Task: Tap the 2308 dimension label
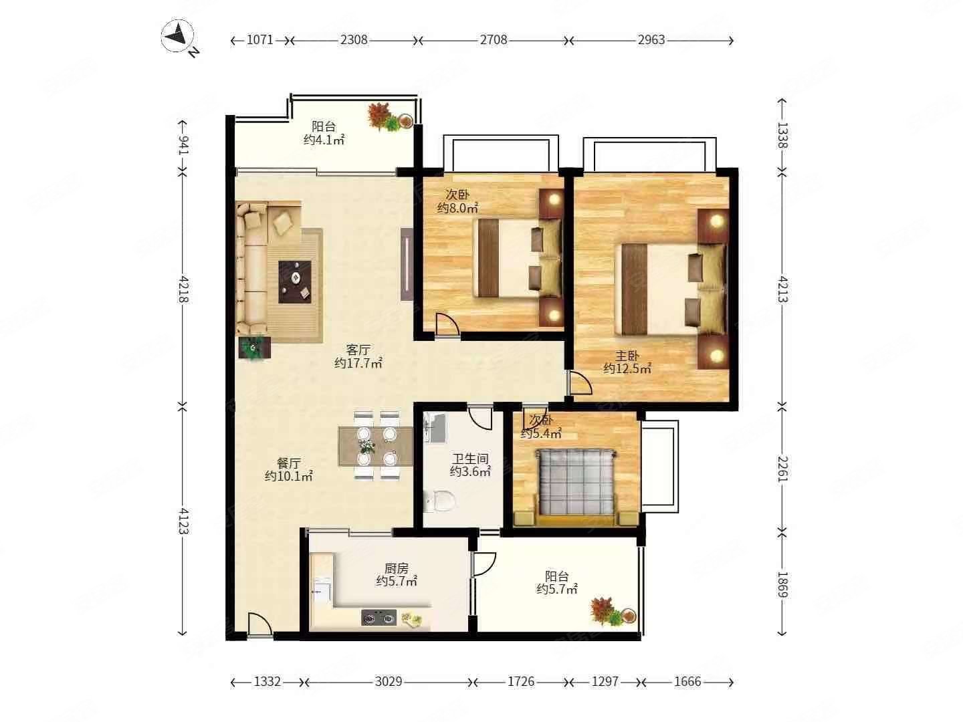coord(354,40)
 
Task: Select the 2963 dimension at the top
coord(651,40)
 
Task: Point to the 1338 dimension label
coord(782,135)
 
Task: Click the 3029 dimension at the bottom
coord(389,682)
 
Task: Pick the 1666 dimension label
coord(687,682)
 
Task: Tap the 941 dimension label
coord(183,145)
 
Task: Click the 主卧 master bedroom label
coord(627,356)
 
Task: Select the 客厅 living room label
coord(358,350)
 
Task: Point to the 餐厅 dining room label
coord(289,463)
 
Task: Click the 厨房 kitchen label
coord(396,568)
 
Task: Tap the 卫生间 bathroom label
coord(470,459)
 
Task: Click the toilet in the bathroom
coord(440,501)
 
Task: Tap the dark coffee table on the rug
coord(295,281)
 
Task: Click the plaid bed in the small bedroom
coord(574,481)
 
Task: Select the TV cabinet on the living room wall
coord(407,263)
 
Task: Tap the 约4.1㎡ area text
coord(324,140)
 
